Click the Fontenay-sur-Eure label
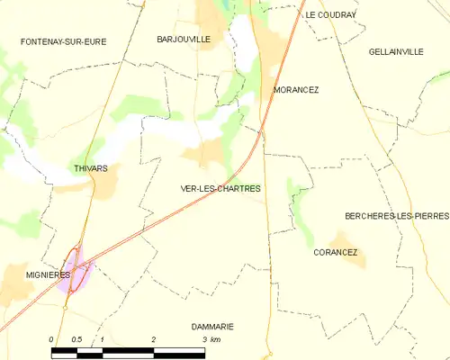click(x=58, y=41)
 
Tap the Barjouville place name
click(x=184, y=40)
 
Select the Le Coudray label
click(x=330, y=15)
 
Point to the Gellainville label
click(x=396, y=52)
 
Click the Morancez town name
click(x=296, y=90)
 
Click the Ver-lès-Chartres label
click(x=220, y=189)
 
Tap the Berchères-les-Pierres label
click(x=396, y=216)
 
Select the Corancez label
click(x=336, y=253)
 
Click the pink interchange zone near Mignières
click(x=76, y=274)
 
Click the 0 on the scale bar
click(x=52, y=339)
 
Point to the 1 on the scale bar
click(x=103, y=339)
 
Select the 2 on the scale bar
click(x=154, y=339)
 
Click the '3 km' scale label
click(x=211, y=339)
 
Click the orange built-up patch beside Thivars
click(x=105, y=184)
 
